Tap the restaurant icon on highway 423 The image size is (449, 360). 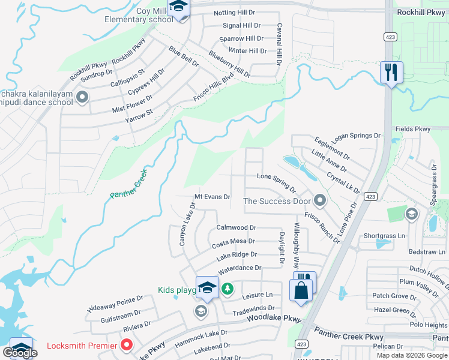[x=391, y=73]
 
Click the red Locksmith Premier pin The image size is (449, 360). [x=127, y=345]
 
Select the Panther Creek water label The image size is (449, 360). [x=128, y=185]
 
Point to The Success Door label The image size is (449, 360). [x=277, y=201]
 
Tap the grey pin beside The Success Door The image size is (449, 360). [x=319, y=200]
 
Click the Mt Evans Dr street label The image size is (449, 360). [x=212, y=197]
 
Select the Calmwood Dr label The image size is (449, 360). [x=236, y=228]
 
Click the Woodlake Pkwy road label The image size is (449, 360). [x=273, y=318]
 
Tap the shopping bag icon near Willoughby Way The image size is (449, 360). [x=301, y=290]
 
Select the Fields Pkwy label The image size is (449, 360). [x=413, y=129]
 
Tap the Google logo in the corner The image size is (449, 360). [x=20, y=353]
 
